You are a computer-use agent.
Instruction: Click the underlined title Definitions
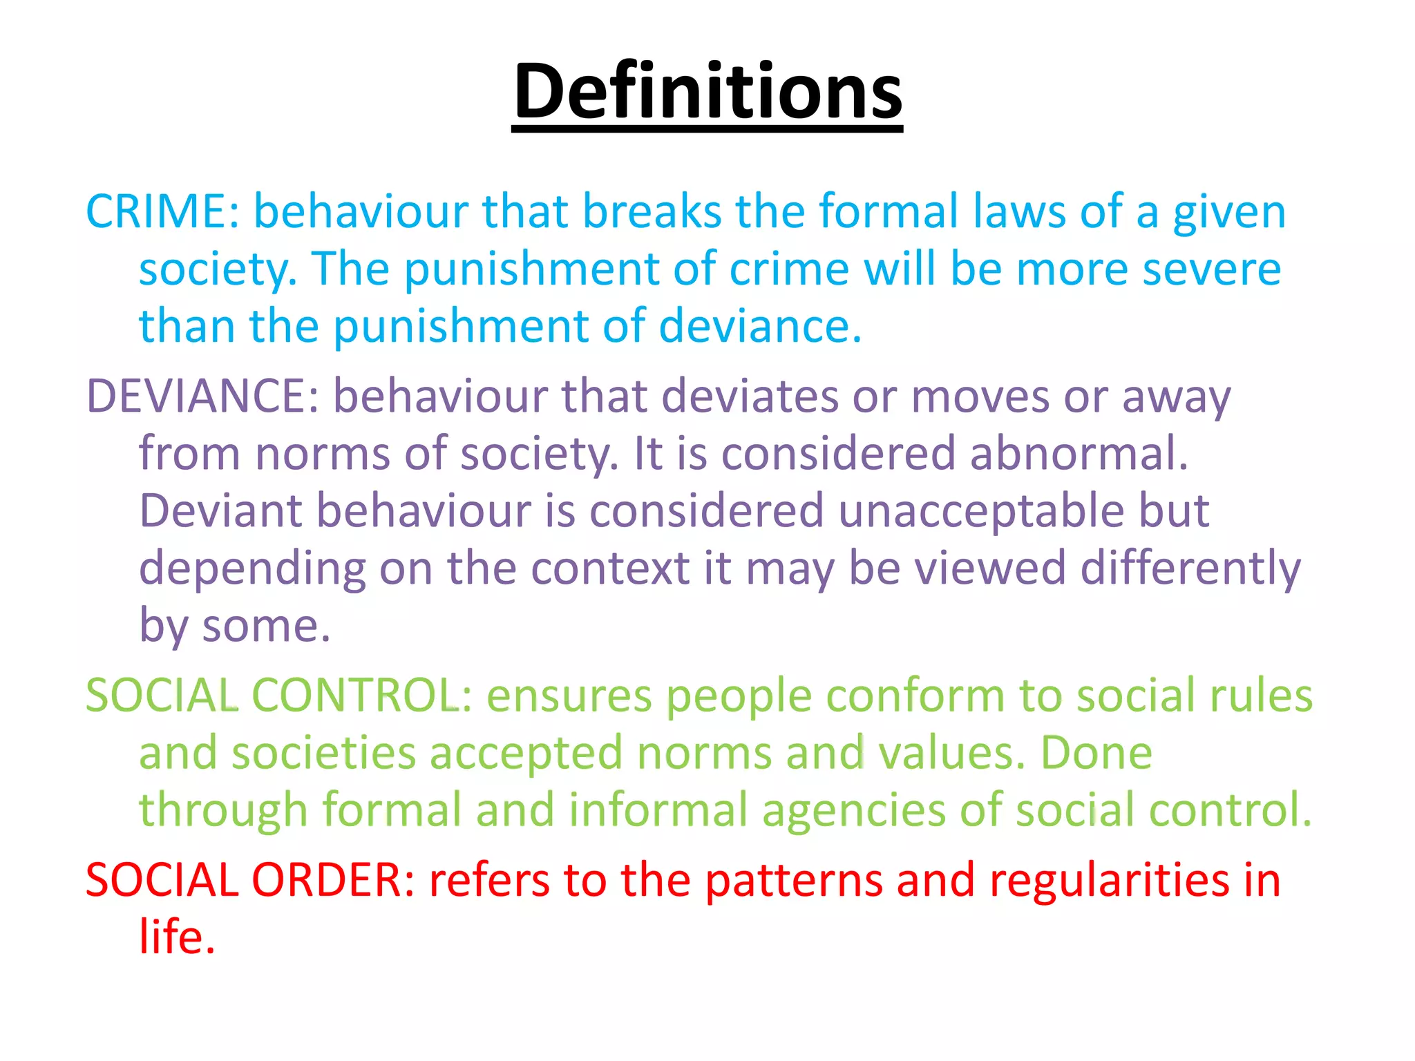tap(707, 93)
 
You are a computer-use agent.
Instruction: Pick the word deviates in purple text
tap(749, 396)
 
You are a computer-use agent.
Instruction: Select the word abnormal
tap(1079, 454)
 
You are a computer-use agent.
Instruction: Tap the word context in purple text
tap(610, 568)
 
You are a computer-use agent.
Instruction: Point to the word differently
tap(1190, 570)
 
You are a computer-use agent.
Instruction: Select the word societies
tap(323, 753)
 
